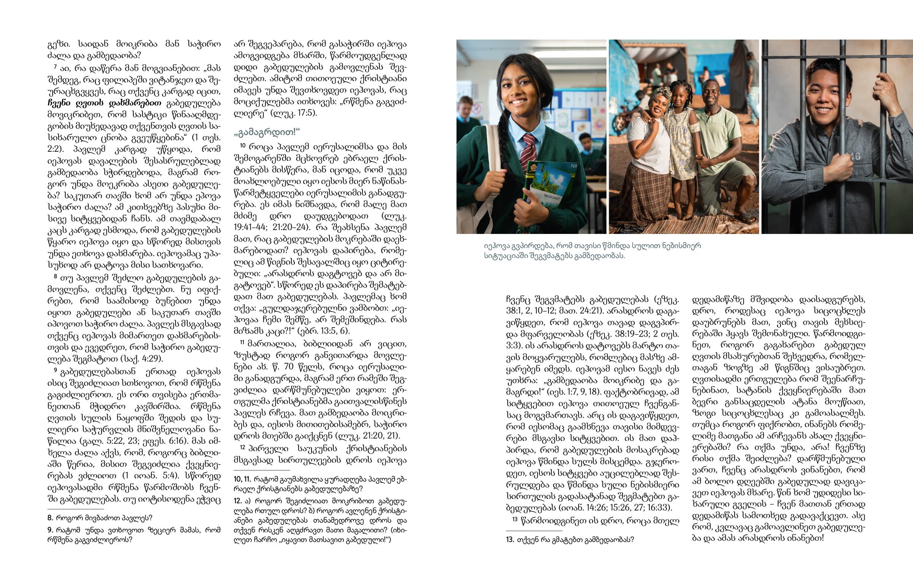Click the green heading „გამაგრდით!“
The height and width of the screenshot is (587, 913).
click(267, 132)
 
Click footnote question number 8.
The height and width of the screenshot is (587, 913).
click(50, 518)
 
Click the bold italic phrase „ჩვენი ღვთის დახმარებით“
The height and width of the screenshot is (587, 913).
click(104, 103)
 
